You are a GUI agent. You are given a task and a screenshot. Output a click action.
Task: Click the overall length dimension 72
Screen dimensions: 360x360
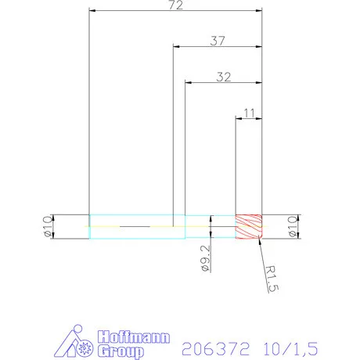[175, 5]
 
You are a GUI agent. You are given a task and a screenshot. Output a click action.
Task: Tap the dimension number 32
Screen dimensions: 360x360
[222, 77]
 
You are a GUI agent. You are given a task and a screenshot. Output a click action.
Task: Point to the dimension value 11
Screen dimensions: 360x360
[249, 113]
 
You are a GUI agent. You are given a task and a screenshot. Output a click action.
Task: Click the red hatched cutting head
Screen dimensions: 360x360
[249, 226]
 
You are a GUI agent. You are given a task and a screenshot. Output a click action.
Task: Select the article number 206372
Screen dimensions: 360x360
[214, 347]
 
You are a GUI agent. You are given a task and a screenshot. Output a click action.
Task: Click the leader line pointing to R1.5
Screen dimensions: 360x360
[256, 252]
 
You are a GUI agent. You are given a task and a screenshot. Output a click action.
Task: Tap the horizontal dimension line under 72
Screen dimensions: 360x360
[175, 12]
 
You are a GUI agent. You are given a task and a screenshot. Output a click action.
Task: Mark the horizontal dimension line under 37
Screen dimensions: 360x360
[217, 47]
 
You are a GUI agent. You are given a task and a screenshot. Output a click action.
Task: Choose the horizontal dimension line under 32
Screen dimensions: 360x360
[222, 82]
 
